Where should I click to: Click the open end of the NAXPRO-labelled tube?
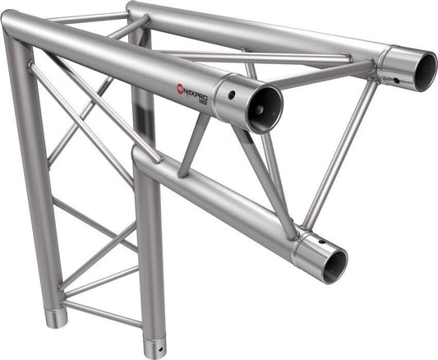[265, 108]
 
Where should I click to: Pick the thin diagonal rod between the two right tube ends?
[339, 156]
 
